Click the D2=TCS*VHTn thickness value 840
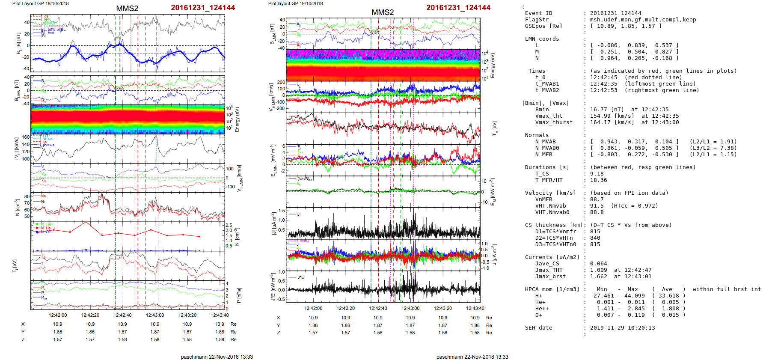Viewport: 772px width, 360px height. click(595, 238)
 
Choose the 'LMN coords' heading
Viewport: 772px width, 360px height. click(542, 39)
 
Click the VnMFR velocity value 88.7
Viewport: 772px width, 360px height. click(597, 199)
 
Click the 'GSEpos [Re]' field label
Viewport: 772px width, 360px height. click(543, 26)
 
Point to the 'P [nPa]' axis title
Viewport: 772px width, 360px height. click(238, 295)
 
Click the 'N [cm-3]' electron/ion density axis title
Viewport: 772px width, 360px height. click(17, 207)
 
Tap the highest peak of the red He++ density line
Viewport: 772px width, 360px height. click(86, 222)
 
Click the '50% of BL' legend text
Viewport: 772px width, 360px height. click(56, 30)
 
